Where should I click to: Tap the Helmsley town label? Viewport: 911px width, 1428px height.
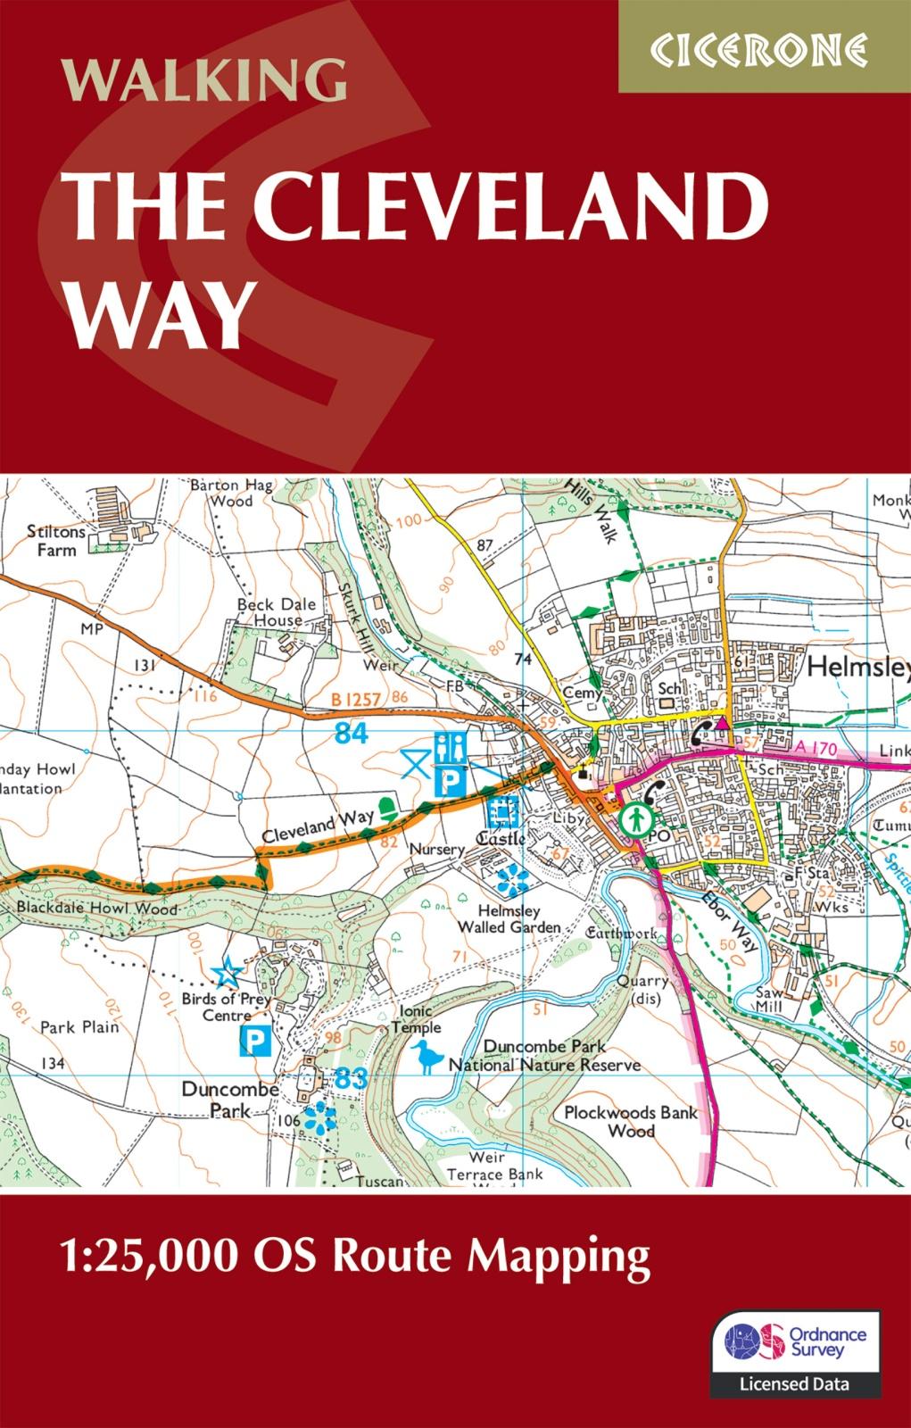(x=857, y=667)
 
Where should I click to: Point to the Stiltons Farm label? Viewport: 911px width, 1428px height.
(x=56, y=540)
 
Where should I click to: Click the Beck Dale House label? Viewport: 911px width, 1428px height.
(x=277, y=612)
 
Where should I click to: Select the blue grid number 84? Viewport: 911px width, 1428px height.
(x=352, y=734)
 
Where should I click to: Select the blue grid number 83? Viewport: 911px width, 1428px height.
(x=352, y=1078)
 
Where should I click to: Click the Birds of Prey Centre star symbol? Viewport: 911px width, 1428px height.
(x=228, y=969)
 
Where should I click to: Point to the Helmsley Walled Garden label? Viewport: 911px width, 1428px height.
(x=509, y=919)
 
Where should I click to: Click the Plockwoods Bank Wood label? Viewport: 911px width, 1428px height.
(x=631, y=1121)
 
